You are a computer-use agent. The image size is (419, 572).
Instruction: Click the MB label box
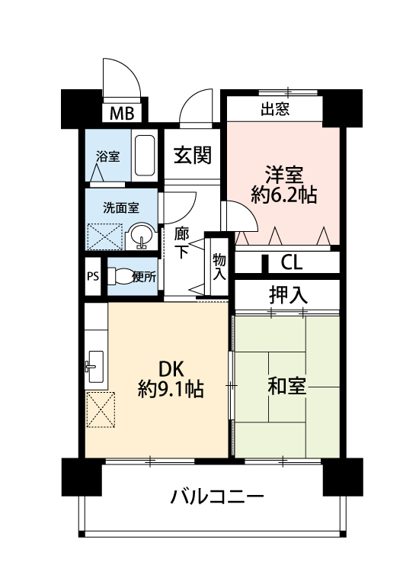(122, 114)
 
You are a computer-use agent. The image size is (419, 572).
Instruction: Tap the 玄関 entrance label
(192, 155)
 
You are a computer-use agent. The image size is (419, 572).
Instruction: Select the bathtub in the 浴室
(145, 156)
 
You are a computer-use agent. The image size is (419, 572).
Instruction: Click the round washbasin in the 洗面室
(142, 236)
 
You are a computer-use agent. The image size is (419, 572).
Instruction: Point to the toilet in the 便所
(120, 276)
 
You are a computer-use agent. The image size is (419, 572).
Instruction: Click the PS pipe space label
(93, 277)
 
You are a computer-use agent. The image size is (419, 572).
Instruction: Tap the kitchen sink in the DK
(96, 367)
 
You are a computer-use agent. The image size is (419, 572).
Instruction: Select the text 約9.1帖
(171, 389)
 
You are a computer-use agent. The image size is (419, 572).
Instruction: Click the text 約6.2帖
(284, 194)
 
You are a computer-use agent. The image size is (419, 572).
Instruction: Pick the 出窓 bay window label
(275, 109)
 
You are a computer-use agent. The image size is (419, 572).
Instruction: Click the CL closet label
(292, 262)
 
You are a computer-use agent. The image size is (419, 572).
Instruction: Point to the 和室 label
(286, 386)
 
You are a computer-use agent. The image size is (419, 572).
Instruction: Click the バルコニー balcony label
(217, 496)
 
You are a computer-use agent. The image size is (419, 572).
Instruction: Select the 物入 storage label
(219, 267)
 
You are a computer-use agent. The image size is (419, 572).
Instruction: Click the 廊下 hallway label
(181, 243)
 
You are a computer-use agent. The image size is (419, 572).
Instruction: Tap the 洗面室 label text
(121, 208)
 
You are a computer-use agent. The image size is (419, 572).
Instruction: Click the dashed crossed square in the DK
(101, 410)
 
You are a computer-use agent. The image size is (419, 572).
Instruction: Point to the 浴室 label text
(108, 157)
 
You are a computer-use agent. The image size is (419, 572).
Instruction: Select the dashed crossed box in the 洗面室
(105, 236)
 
